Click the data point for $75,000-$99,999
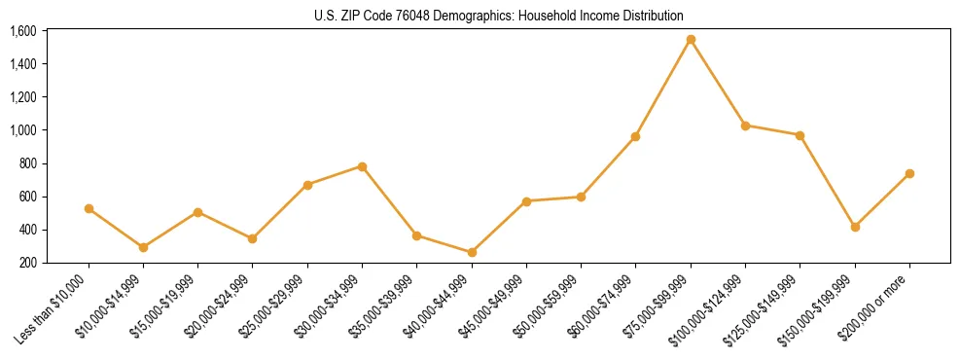(x=691, y=40)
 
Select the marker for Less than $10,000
(x=89, y=208)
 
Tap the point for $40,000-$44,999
(x=472, y=252)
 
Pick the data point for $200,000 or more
(x=909, y=173)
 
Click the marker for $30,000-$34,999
(x=362, y=166)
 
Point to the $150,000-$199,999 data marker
(x=855, y=227)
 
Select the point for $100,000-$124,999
(x=745, y=126)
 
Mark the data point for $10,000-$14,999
(x=143, y=247)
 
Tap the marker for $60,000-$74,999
(x=635, y=136)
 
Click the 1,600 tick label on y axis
(x=22, y=31)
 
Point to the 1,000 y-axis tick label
(x=22, y=130)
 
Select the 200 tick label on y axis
(x=27, y=263)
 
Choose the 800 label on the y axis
(x=27, y=163)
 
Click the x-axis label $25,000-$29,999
(x=273, y=306)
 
